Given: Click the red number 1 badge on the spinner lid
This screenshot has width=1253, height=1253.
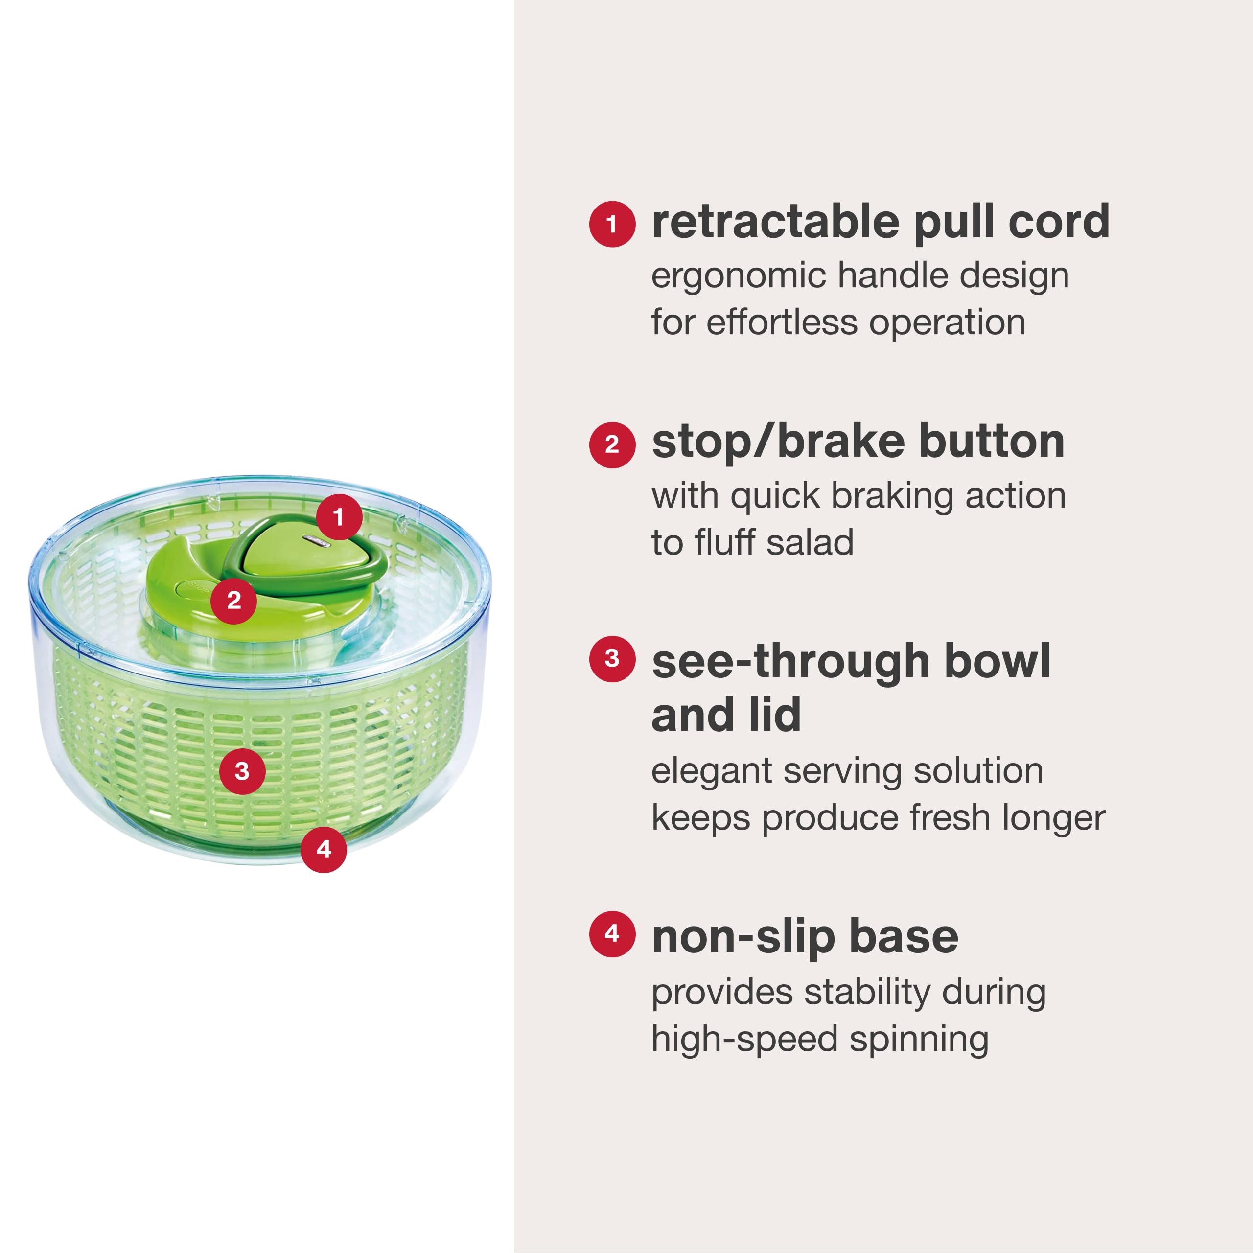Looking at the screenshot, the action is pyautogui.click(x=339, y=517).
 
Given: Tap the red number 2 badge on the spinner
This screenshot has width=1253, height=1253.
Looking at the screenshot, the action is pyautogui.click(x=233, y=601).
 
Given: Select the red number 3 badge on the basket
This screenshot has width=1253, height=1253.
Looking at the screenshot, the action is pyautogui.click(x=242, y=771).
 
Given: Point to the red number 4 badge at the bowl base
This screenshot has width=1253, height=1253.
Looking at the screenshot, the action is pyautogui.click(x=324, y=849).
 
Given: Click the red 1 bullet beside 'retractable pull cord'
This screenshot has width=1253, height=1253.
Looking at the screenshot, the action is pyautogui.click(x=612, y=224).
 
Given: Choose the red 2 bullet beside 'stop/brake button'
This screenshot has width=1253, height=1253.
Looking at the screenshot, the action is pyautogui.click(x=612, y=445).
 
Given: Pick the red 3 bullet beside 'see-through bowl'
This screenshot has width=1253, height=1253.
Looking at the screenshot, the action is pyautogui.click(x=612, y=659).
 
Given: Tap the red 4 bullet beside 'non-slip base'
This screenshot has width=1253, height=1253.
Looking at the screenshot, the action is pyautogui.click(x=612, y=934).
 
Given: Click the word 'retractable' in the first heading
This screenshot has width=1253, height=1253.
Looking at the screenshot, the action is pyautogui.click(x=775, y=222).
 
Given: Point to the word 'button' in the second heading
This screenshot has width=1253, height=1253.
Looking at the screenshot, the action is pyautogui.click(x=992, y=442).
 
